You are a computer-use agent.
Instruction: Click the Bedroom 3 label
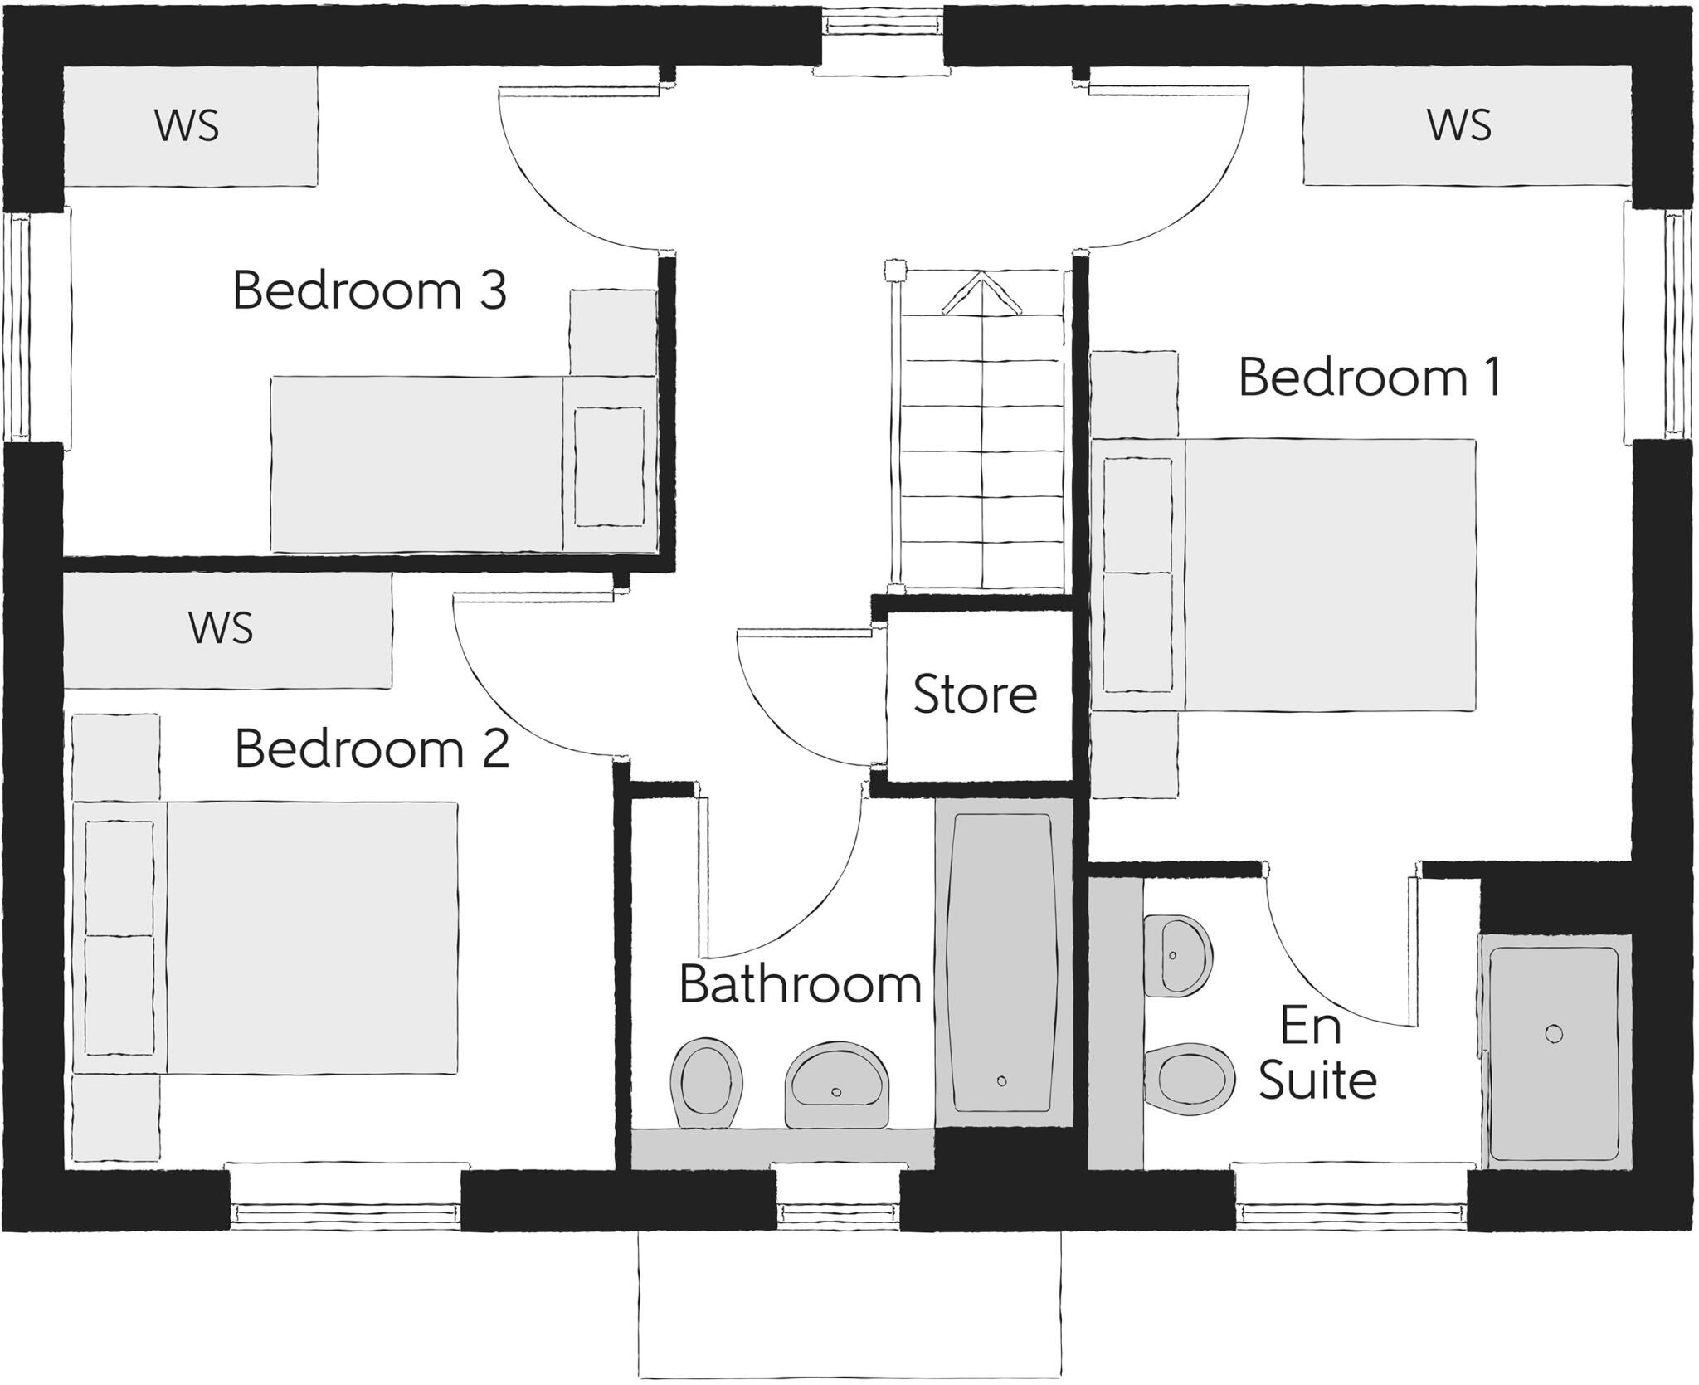point(369,291)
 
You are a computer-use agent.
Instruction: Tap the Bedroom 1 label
point(1370,378)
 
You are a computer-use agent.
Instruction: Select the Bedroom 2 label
point(372,749)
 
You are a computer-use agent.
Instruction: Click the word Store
point(975,695)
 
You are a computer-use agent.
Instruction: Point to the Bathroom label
point(800,985)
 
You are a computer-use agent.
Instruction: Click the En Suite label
point(1317,1053)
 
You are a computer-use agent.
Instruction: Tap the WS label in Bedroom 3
point(187,126)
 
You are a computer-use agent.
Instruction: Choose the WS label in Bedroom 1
point(1459,126)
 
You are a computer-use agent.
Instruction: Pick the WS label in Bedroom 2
point(221,628)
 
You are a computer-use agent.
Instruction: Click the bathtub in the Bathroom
point(1001,963)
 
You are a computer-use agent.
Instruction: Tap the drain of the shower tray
point(1554,1034)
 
